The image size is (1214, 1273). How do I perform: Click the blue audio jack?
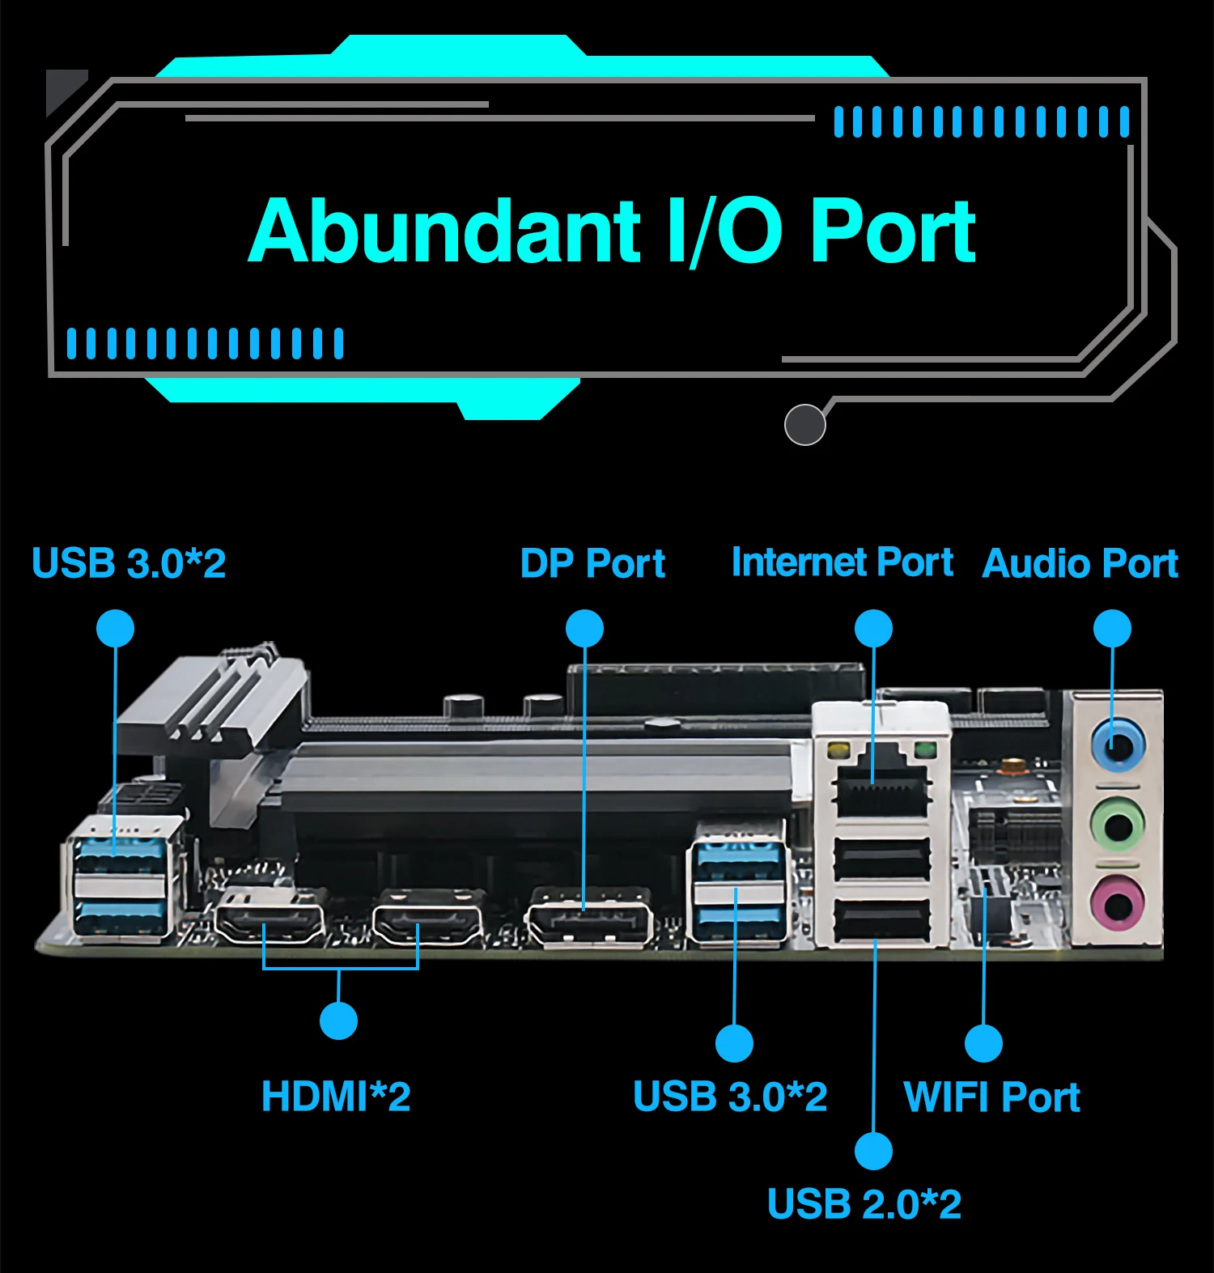(x=1118, y=745)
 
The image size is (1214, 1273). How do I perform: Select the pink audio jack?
(x=1118, y=902)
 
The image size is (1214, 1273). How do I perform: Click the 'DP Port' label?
(x=592, y=563)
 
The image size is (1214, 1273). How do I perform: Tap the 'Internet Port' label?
(x=842, y=562)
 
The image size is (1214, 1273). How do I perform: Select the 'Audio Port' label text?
(x=1080, y=563)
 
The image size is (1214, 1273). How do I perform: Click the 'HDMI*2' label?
(x=336, y=1097)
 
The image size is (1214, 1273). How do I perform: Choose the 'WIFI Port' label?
(x=991, y=1097)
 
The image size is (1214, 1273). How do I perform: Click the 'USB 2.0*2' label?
(x=864, y=1204)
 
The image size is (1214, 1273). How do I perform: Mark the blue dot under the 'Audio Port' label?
(x=1112, y=629)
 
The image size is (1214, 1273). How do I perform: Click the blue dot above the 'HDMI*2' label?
(x=338, y=1021)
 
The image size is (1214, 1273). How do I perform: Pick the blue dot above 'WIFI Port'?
(x=983, y=1043)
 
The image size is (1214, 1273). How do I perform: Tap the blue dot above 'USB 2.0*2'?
(x=874, y=1150)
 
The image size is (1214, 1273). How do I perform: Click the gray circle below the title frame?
(x=804, y=424)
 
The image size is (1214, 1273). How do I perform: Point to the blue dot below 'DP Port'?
(x=584, y=629)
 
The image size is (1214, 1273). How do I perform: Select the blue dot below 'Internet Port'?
(x=873, y=629)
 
